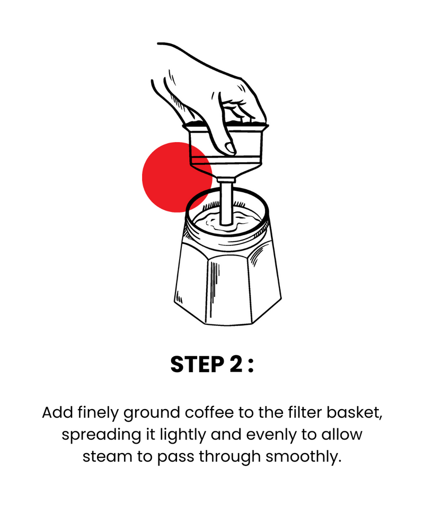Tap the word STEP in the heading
point(198,365)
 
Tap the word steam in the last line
point(107,456)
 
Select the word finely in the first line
point(98,413)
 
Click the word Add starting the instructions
point(57,413)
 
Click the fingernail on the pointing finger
point(231,148)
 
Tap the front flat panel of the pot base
point(228,290)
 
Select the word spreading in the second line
point(101,435)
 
